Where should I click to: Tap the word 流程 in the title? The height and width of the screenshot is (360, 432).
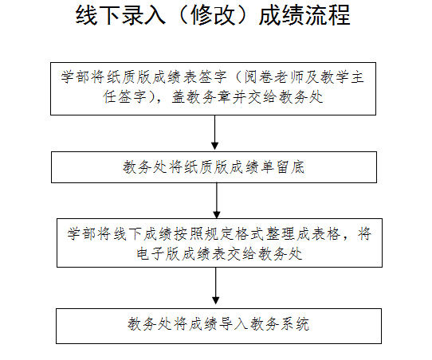[x=328, y=15]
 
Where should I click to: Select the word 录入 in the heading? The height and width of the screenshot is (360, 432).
[x=143, y=15]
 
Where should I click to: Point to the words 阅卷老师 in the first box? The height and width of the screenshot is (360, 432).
[x=274, y=76]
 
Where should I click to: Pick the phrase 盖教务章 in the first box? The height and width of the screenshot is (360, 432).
[x=202, y=97]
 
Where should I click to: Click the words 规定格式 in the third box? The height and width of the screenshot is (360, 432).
[x=234, y=234]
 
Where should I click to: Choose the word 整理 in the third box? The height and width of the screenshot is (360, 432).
[x=281, y=234]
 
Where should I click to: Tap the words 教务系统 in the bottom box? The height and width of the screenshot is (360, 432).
[x=280, y=324]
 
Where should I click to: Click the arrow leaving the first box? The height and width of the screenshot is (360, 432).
[x=214, y=132]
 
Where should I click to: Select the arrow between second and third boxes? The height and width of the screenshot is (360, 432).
[x=217, y=201]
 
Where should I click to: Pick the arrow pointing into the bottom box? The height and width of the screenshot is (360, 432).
[x=216, y=286]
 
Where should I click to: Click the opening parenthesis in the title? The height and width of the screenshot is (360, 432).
[x=181, y=15]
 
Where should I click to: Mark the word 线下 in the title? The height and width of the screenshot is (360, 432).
[x=98, y=15]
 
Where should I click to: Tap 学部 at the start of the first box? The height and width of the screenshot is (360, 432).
[x=75, y=76]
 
